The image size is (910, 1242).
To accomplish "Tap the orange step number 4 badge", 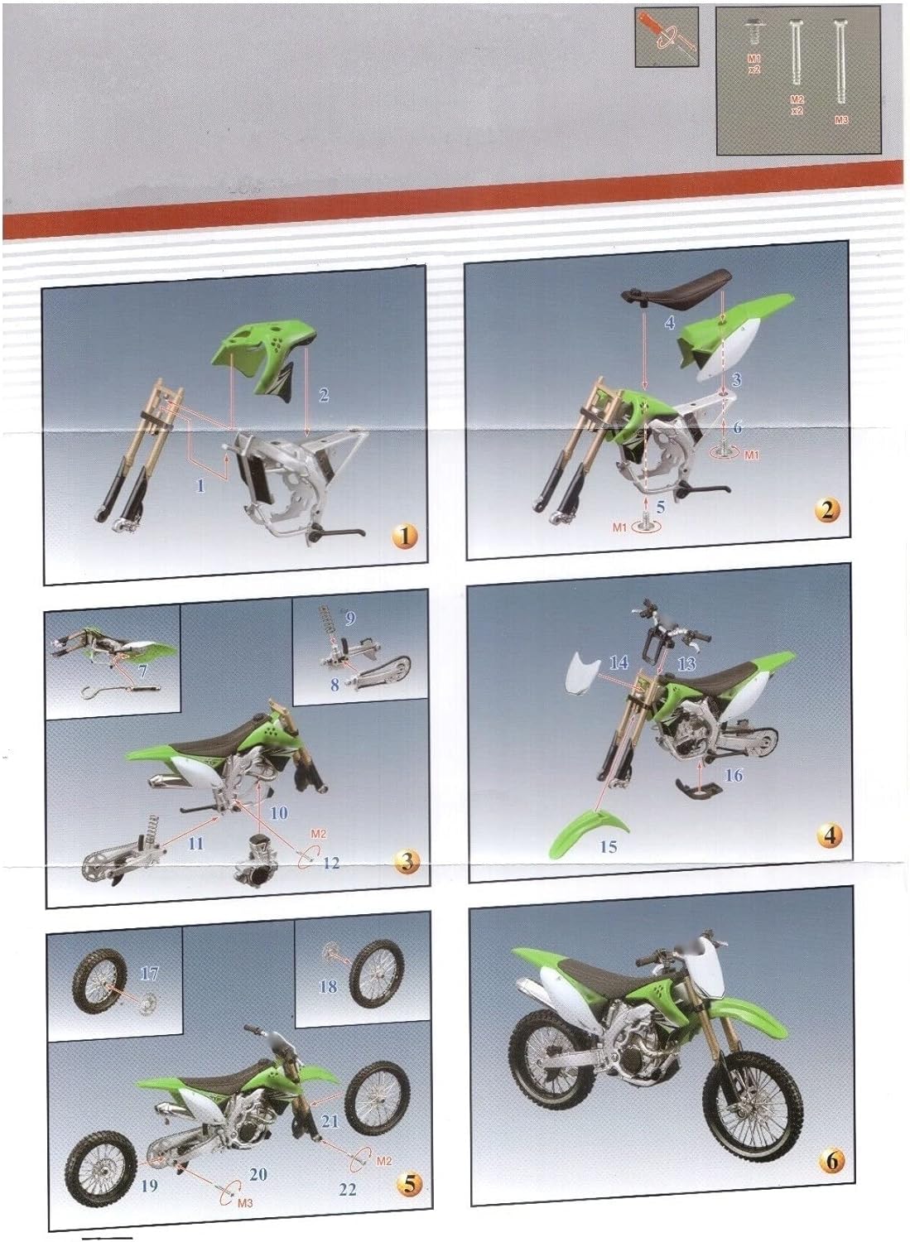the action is [829, 835].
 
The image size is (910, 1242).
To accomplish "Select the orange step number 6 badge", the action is [831, 1159].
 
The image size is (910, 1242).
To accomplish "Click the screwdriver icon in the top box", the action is [667, 36].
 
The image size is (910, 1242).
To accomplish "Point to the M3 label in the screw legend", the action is [841, 119].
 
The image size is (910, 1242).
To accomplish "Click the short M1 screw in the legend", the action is [754, 31].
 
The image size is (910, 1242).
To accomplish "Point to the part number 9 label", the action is [350, 619].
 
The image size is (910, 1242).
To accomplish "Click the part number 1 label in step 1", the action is [200, 486].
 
